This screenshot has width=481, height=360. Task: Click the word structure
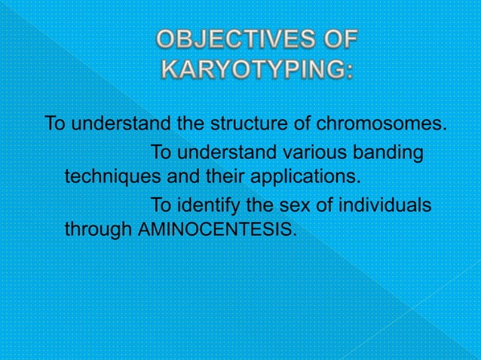[x=254, y=123]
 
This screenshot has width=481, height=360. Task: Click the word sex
[x=289, y=205]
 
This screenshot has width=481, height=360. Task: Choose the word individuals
[x=381, y=205]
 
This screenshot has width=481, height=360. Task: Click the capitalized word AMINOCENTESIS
[x=219, y=230]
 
